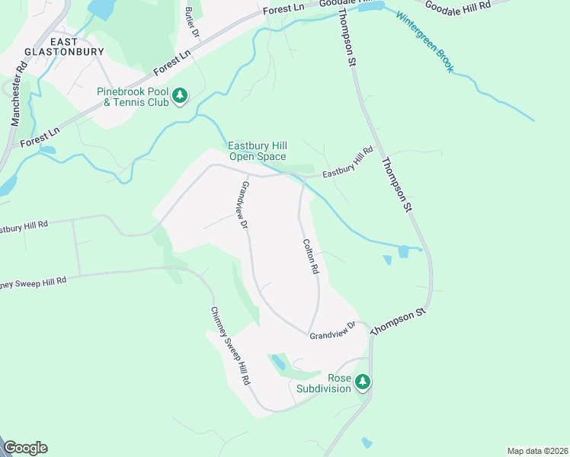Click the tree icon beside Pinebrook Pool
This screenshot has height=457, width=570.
(x=180, y=96)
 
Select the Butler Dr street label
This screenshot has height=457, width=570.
(x=191, y=24)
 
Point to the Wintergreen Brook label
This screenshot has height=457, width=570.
(x=424, y=41)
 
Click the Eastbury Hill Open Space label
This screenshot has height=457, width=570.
(x=258, y=152)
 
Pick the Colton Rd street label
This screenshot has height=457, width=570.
(x=310, y=257)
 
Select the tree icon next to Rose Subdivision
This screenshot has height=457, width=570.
(x=363, y=382)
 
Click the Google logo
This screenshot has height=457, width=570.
(x=25, y=448)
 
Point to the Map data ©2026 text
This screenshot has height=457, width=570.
(x=536, y=450)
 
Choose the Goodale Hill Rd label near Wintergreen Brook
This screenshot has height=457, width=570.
(x=457, y=8)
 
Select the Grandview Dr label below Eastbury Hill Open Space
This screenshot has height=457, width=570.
(x=245, y=205)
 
